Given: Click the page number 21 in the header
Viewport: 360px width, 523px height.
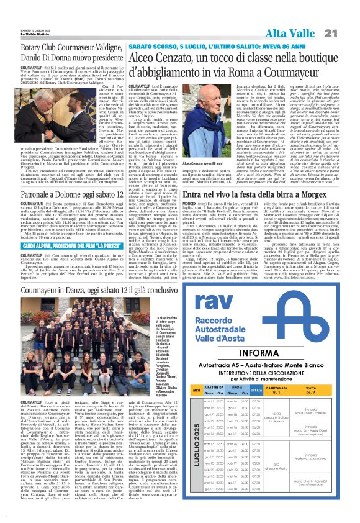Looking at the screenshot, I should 346,33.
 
